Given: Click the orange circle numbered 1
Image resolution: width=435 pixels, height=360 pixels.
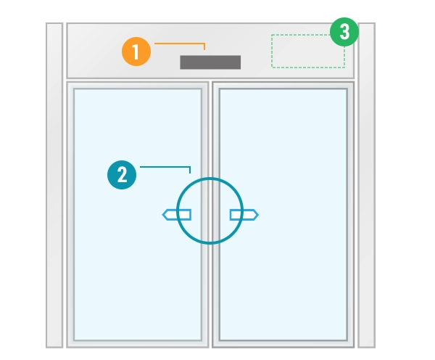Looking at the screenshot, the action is pyautogui.click(x=136, y=52).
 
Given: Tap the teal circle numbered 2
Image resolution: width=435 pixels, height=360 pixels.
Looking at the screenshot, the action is pyautogui.click(x=122, y=175).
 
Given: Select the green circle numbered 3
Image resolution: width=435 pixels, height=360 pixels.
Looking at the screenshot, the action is pyautogui.click(x=344, y=32).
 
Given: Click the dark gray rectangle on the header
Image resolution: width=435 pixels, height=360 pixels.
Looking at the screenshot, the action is pyautogui.click(x=210, y=62).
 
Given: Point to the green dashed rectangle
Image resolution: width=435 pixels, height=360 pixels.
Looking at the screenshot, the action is pyautogui.click(x=308, y=51).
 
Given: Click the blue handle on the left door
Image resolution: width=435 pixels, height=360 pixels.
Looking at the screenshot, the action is pyautogui.click(x=177, y=215).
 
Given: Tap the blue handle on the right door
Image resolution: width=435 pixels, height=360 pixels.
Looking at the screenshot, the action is pyautogui.click(x=244, y=215).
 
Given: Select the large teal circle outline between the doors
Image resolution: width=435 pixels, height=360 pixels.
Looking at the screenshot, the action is pyautogui.click(x=210, y=210).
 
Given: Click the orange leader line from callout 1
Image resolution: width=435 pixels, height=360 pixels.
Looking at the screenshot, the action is pyautogui.click(x=180, y=44).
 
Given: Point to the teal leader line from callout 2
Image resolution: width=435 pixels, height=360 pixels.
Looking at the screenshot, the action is pyautogui.click(x=165, y=167).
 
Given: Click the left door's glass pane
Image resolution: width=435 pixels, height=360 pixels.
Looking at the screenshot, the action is pyautogui.click(x=138, y=214).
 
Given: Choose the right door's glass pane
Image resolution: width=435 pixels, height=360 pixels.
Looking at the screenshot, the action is pyautogui.click(x=283, y=214).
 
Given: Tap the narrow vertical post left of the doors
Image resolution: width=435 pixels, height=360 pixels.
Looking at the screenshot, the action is pyautogui.click(x=54, y=185).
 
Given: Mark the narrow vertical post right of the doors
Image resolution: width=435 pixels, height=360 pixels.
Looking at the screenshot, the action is pyautogui.click(x=366, y=185).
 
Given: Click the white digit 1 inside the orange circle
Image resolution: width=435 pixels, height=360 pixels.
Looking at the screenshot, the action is pyautogui.click(x=136, y=52).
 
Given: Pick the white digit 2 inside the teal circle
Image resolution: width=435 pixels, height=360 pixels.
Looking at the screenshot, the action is pyautogui.click(x=122, y=175).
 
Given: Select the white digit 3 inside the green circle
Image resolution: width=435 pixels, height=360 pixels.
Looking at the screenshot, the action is pyautogui.click(x=344, y=32).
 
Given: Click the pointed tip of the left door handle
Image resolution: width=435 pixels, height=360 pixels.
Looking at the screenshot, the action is pyautogui.click(x=162, y=215).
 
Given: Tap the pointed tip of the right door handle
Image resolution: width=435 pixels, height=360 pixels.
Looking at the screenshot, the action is pyautogui.click(x=258, y=215).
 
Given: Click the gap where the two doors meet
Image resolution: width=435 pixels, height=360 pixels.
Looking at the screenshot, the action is pyautogui.click(x=210, y=214).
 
